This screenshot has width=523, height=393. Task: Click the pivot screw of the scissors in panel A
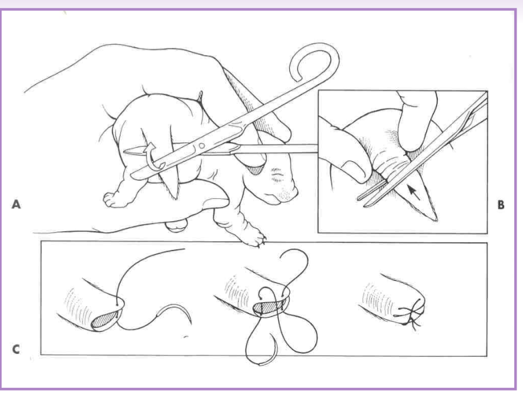point(201,143)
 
